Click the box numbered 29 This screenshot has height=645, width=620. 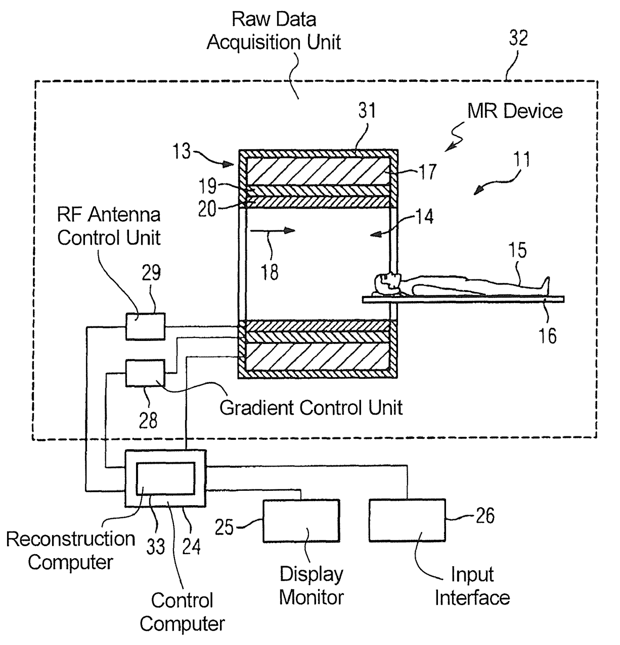click(x=145, y=326)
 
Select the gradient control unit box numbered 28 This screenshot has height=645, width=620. click(x=145, y=373)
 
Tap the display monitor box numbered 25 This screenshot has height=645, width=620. click(x=301, y=520)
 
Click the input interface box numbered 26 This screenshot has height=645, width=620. click(x=407, y=520)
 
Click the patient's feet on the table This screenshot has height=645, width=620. click(x=545, y=286)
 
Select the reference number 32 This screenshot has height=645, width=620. click(x=518, y=38)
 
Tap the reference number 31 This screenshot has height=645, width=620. click(x=367, y=110)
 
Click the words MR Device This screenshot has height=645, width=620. click(x=515, y=111)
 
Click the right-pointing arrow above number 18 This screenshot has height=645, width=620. click(x=273, y=230)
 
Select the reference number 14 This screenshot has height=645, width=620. click(x=424, y=217)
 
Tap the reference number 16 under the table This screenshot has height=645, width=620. click(x=547, y=335)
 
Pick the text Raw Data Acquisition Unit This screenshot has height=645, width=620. click(x=274, y=30)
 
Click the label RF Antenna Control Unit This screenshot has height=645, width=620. click(x=109, y=226)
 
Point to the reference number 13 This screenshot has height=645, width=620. click(x=181, y=151)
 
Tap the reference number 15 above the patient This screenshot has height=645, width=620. click(x=517, y=250)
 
